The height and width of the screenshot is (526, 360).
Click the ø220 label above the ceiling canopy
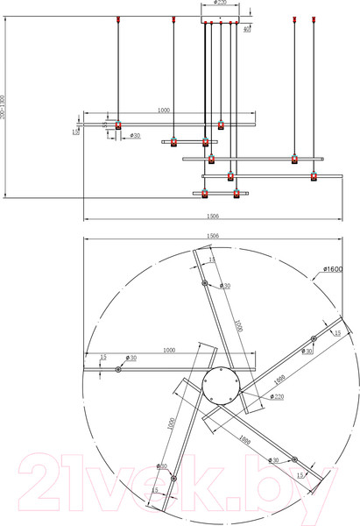click(x=221, y=4)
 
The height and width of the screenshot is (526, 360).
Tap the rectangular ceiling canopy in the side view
click(x=220, y=18)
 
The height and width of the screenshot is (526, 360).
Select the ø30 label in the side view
click(x=135, y=136)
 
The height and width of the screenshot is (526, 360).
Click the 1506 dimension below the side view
click(x=212, y=216)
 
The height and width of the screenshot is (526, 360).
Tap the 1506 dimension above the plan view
click(x=212, y=236)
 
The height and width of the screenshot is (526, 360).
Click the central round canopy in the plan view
click(x=220, y=386)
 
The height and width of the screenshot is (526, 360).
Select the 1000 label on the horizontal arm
click(x=169, y=350)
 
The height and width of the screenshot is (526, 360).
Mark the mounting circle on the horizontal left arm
click(x=118, y=369)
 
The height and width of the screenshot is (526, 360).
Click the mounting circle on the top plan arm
click(x=205, y=283)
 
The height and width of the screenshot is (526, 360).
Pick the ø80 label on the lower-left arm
click(x=163, y=466)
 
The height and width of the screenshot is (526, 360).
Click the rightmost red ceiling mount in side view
click(x=314, y=18)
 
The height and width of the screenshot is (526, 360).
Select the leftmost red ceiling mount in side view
click(x=118, y=18)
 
